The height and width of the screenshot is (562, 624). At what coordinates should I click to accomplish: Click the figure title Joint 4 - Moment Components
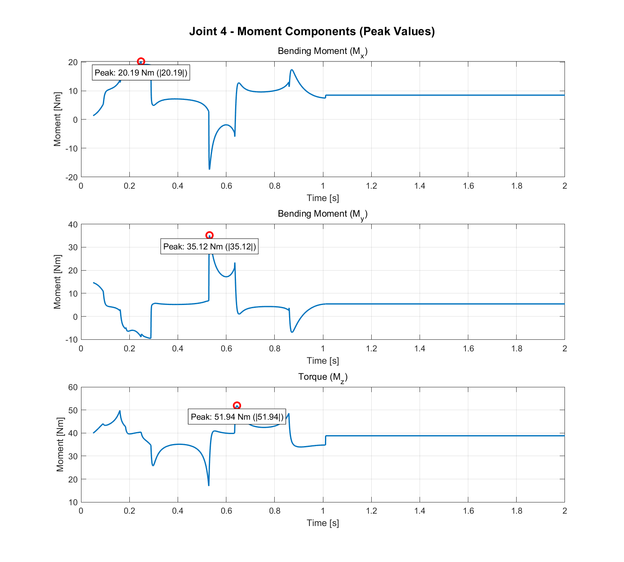tap(312, 31)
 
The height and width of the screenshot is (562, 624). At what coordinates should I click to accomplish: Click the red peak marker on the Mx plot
tap(141, 62)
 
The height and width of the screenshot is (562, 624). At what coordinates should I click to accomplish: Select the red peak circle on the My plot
tap(209, 235)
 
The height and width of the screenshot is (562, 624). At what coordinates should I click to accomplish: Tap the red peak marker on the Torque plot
tap(237, 406)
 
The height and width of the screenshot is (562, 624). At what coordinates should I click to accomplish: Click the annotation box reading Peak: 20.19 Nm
tap(141, 73)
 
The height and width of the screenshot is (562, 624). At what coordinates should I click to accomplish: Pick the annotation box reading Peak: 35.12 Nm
tap(209, 247)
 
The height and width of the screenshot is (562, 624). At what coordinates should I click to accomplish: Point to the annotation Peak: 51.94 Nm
tap(237, 417)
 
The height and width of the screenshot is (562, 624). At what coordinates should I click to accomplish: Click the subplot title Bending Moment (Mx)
tap(323, 52)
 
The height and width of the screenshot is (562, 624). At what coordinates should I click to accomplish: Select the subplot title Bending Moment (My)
tap(323, 214)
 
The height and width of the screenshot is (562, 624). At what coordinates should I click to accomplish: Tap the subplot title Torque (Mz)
tap(323, 377)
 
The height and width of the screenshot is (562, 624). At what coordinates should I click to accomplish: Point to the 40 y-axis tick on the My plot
tap(73, 224)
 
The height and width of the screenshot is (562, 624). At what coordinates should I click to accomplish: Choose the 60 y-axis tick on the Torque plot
tap(73, 387)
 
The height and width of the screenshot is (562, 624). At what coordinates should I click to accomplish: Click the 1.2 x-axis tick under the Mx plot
tap(371, 186)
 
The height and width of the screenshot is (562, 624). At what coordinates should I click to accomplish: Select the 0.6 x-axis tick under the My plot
tap(226, 349)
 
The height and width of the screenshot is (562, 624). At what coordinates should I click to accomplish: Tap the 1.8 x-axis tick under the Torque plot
tap(517, 511)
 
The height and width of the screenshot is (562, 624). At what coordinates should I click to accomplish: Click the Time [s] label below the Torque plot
tap(323, 523)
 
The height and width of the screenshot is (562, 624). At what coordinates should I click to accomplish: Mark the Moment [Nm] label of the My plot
tap(57, 282)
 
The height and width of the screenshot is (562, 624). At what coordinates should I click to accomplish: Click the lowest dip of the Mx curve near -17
tap(209, 169)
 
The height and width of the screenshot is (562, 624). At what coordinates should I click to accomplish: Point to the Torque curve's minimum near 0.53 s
tap(209, 485)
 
